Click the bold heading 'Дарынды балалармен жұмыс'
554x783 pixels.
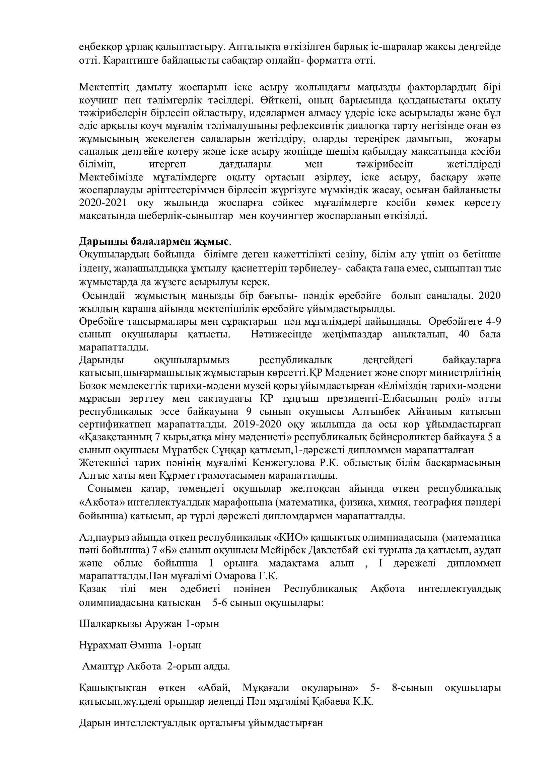[x=154, y=241]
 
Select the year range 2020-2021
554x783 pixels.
[x=103, y=203]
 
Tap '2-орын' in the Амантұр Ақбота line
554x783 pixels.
[x=181, y=666]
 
